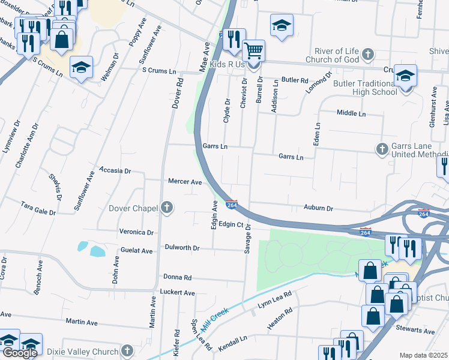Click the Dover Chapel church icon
(167, 208)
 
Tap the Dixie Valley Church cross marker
(127, 350)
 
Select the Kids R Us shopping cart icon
(254, 50)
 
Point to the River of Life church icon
(368, 55)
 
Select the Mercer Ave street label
(184, 181)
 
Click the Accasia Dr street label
(115, 170)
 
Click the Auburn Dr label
(318, 208)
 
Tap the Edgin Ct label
(230, 224)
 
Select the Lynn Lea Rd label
(274, 301)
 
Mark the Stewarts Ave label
(415, 330)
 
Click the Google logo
(20, 353)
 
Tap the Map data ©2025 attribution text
(423, 355)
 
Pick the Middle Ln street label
(351, 113)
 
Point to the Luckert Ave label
(177, 293)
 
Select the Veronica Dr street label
(136, 232)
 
